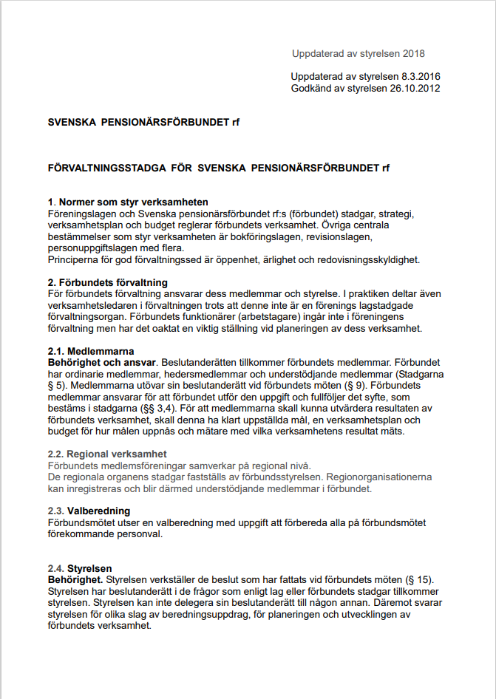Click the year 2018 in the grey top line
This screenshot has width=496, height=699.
pyautogui.click(x=413, y=54)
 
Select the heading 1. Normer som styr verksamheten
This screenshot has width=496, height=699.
pyautogui.click(x=127, y=202)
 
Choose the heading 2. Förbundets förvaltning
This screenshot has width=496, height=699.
pyautogui.click(x=107, y=283)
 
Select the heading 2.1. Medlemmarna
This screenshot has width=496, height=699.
pyautogui.click(x=90, y=352)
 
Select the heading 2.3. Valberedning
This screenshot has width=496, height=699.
pyautogui.click(x=89, y=511)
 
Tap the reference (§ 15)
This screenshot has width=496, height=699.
pyautogui.click(x=417, y=580)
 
